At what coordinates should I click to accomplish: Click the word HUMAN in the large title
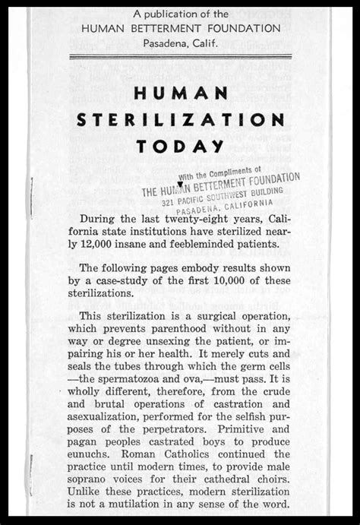(179, 92)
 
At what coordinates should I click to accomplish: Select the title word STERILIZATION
(179, 119)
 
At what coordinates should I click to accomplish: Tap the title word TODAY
(179, 146)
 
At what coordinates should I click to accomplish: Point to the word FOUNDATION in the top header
(238, 27)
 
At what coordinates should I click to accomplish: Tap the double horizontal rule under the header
(179, 57)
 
